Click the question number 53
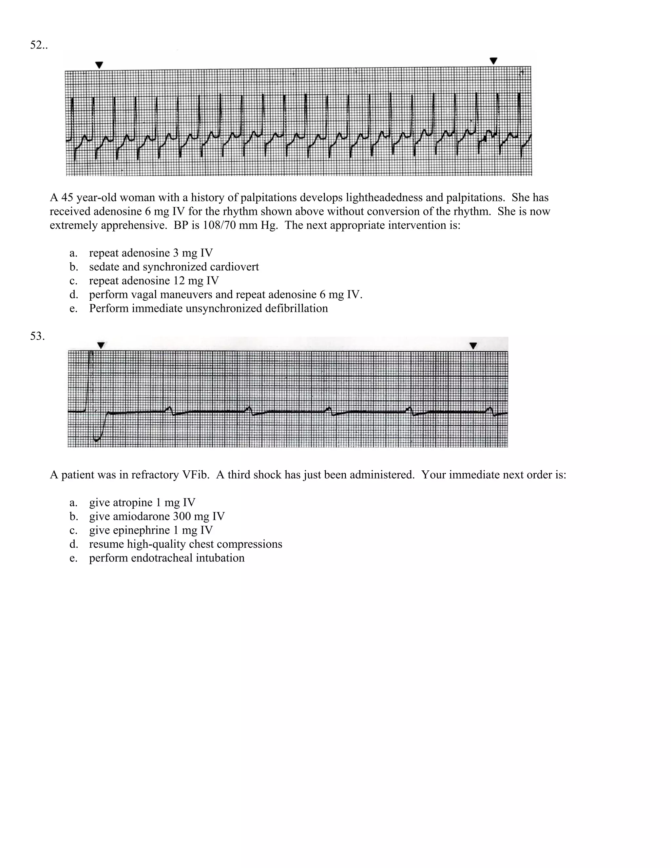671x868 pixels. pyautogui.click(x=37, y=336)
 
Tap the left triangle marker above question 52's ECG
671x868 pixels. pyautogui.click(x=99, y=65)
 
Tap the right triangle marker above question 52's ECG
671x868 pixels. pyautogui.click(x=493, y=61)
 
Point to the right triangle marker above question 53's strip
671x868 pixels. pyautogui.click(x=473, y=346)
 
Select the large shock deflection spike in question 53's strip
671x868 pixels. pyautogui.click(x=91, y=382)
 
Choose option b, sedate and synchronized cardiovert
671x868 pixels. pyautogui.click(x=174, y=267)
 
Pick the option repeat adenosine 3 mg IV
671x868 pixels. pyautogui.click(x=151, y=253)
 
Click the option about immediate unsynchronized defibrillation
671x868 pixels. pyautogui.click(x=208, y=309)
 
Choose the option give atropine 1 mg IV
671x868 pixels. pyautogui.click(x=142, y=502)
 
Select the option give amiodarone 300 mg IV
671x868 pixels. pyautogui.click(x=157, y=516)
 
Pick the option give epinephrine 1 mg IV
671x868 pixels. pyautogui.click(x=151, y=530)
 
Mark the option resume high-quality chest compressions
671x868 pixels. pyautogui.click(x=185, y=544)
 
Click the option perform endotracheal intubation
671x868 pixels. pyautogui.click(x=166, y=558)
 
